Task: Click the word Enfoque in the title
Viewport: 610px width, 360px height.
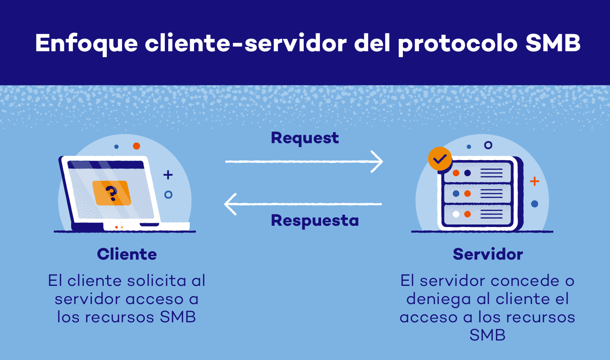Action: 86,44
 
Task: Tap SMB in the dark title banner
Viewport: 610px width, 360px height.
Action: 552,43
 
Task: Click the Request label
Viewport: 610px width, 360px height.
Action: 305,138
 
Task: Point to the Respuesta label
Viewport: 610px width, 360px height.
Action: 315,221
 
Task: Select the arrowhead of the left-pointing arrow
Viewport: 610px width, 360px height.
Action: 230,204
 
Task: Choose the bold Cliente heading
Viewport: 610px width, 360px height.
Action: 127,254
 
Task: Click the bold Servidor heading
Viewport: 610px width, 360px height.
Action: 488,254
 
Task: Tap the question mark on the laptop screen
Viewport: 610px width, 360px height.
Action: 111,193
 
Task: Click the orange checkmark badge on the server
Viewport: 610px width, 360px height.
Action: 440,159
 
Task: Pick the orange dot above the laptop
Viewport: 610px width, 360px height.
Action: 136,146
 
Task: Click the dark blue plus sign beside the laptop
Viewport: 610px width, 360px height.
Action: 168,174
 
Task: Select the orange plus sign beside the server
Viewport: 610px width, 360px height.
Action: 535,181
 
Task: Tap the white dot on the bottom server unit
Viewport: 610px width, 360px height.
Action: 456,214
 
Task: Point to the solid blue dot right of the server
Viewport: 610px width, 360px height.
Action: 535,204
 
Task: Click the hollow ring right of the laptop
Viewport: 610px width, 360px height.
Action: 168,195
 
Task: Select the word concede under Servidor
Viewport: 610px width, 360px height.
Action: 524,281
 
